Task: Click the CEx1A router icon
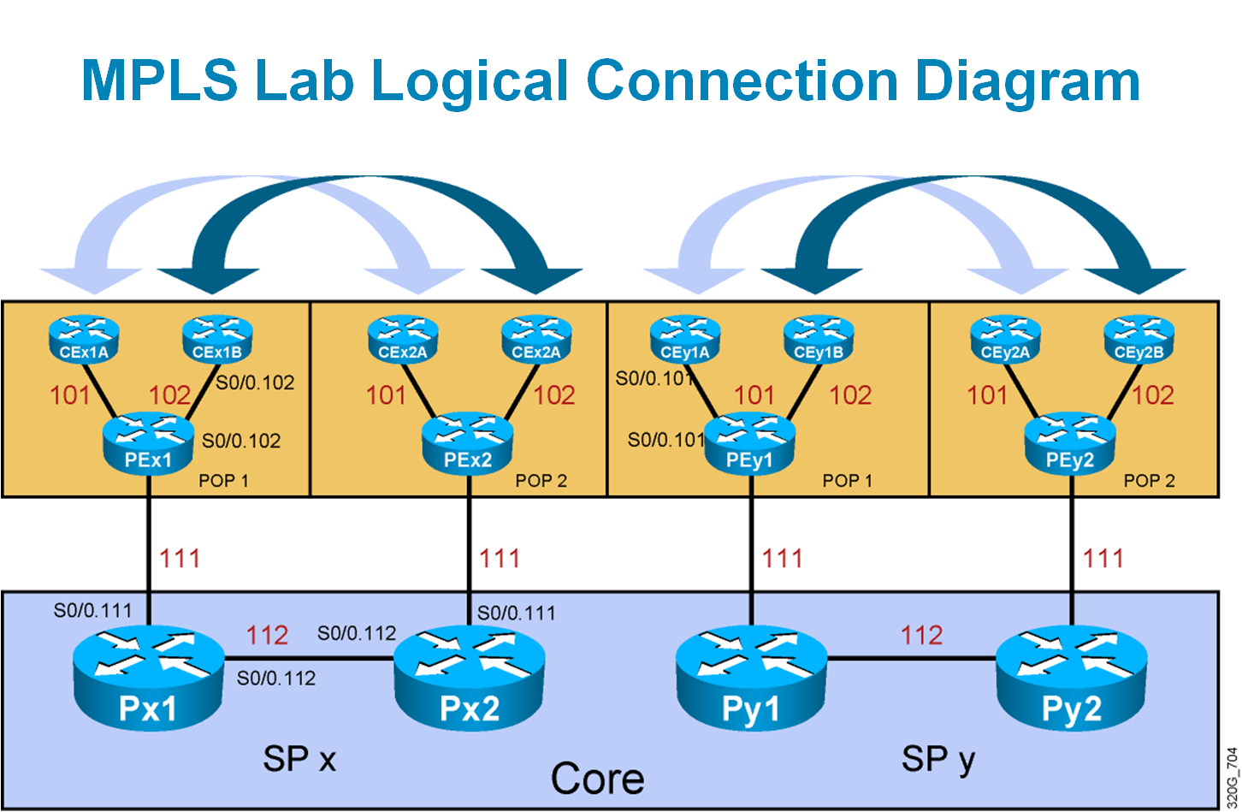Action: click(x=84, y=339)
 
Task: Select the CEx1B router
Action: click(x=217, y=339)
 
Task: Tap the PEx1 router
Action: click(x=149, y=443)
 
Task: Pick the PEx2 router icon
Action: click(x=468, y=443)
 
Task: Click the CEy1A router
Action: click(x=685, y=339)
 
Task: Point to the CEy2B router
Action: click(x=1138, y=339)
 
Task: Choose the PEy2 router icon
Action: click(x=1070, y=443)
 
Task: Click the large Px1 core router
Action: click(x=149, y=676)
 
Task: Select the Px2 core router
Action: click(x=469, y=676)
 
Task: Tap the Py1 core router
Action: click(x=751, y=676)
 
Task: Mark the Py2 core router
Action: click(x=1071, y=676)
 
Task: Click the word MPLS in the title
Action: click(x=159, y=81)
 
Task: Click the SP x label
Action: click(x=299, y=758)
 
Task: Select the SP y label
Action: click(x=938, y=758)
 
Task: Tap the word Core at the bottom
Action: click(x=597, y=779)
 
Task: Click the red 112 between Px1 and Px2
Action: click(x=267, y=635)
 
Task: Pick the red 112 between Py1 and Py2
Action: click(x=921, y=635)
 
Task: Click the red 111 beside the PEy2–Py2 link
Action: click(x=1103, y=559)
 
